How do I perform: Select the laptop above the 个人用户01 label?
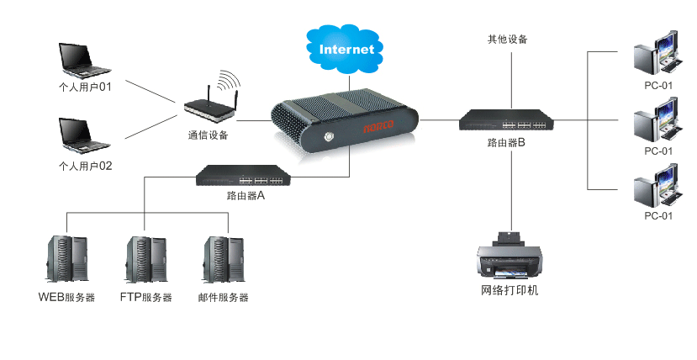coord(83,61)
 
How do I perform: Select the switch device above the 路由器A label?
coord(244,176)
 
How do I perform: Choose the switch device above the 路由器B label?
coord(506,121)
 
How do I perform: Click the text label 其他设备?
coord(508,39)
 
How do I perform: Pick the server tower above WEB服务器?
coord(66,260)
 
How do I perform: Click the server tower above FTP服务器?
coord(146,260)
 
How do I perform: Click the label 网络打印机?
coord(509,291)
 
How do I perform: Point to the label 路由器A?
coord(246,196)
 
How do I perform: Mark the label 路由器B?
coord(506,143)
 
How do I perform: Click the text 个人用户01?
coord(85,86)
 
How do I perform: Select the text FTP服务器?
coord(145,298)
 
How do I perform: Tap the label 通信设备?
coord(208,135)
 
